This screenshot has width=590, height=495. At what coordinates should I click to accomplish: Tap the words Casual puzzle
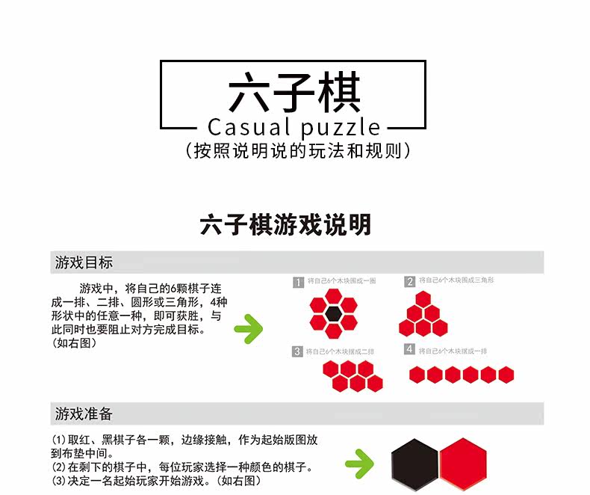(294, 127)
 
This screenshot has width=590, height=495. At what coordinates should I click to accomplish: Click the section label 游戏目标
(84, 262)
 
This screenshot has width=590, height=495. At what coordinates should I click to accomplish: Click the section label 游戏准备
(84, 413)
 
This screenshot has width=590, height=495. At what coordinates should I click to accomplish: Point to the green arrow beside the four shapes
(249, 328)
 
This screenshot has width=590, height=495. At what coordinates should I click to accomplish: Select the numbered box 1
(298, 282)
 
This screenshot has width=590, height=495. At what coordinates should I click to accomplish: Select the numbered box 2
(410, 282)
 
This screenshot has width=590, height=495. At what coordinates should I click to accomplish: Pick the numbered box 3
(298, 351)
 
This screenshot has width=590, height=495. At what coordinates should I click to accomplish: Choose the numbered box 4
(409, 349)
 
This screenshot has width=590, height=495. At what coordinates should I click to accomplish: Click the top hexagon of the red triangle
(423, 299)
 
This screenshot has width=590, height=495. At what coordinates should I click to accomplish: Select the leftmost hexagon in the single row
(417, 375)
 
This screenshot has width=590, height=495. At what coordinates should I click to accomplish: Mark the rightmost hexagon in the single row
(506, 375)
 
